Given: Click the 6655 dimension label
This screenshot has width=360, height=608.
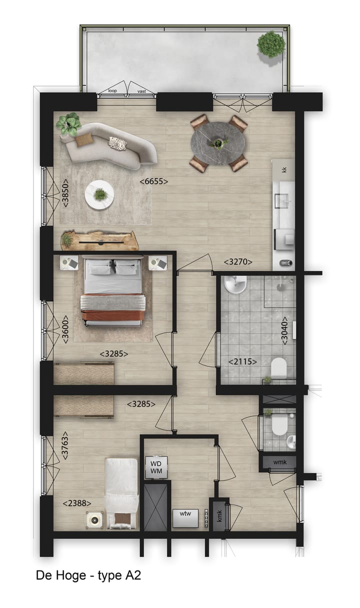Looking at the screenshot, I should click(153, 182).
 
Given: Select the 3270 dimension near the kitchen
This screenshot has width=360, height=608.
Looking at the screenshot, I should click(237, 261).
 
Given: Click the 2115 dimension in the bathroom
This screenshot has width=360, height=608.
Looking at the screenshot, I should click(242, 361).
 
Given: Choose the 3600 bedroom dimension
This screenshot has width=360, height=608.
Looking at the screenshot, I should click(65, 328).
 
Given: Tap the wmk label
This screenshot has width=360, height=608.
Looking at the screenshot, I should click(280, 462).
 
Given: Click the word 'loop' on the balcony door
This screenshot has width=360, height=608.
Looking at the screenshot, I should click(112, 92).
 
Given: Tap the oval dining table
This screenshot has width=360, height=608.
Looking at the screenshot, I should click(218, 143).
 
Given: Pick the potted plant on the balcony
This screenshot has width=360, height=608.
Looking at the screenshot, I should click(271, 44).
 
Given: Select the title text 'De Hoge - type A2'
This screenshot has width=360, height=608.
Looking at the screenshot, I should click(88, 575).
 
